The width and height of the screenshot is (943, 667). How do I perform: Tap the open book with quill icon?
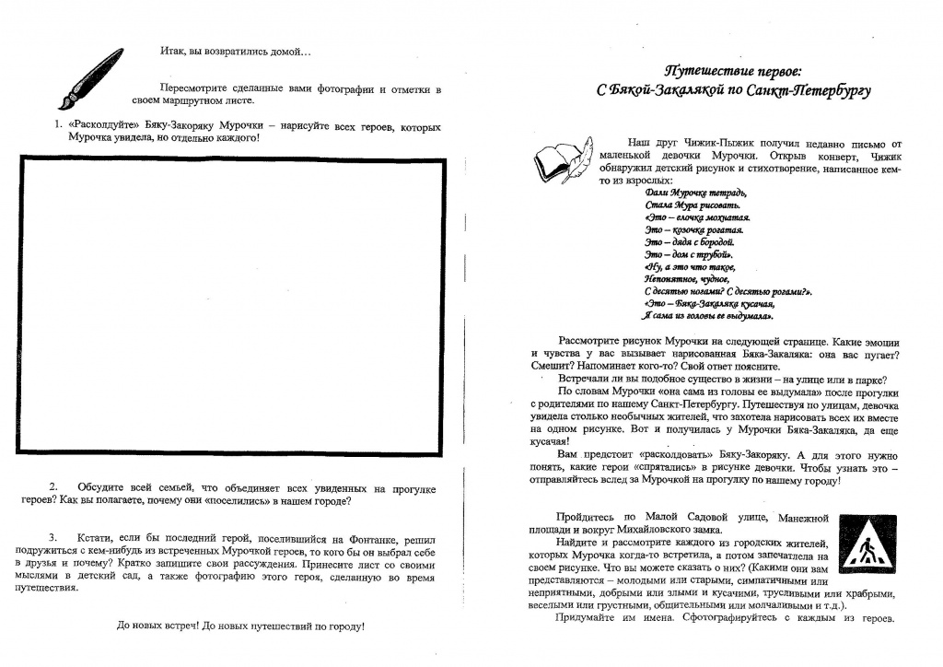pos(564,160)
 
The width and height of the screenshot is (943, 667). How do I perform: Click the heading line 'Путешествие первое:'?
pos(733,71)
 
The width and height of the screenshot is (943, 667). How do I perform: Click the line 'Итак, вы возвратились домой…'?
pos(235,51)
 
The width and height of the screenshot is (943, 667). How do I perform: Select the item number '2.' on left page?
pos(54,487)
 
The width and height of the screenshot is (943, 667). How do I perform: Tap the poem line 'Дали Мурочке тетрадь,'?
pos(696,192)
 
